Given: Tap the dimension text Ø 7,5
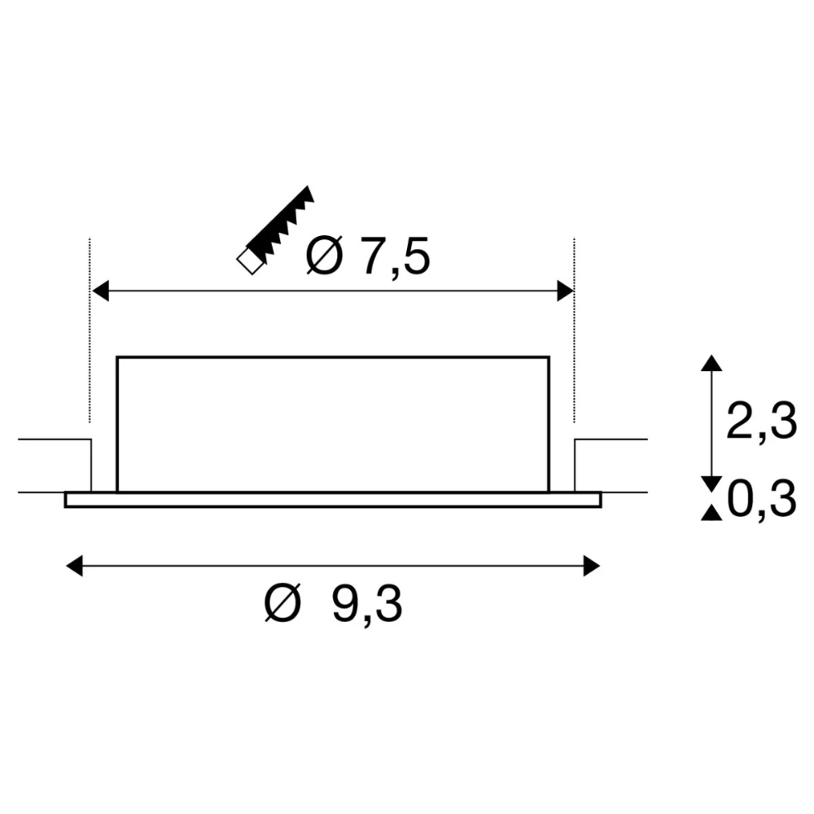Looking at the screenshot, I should click(367, 256).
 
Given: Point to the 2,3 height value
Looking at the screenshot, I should click(760, 424).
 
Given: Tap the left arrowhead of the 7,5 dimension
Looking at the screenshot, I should click(100, 291).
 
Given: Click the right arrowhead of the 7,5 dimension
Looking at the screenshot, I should click(566, 291).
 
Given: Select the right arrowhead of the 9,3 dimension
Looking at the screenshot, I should click(592, 564).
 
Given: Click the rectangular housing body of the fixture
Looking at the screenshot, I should click(333, 423).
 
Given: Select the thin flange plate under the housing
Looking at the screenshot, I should click(333, 499).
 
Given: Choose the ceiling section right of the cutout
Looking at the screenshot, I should click(610, 466).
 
